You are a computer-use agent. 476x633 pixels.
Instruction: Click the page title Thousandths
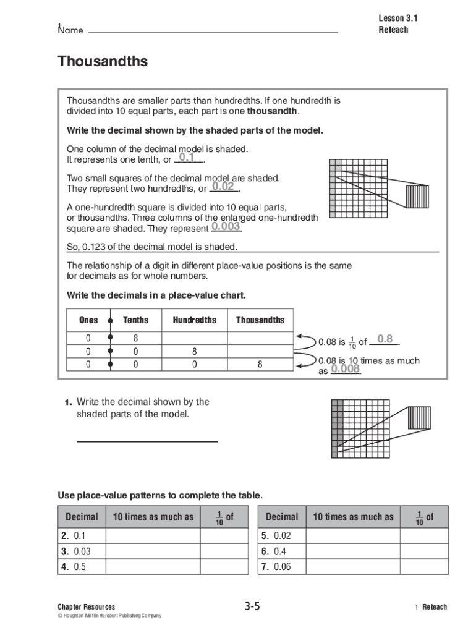click(x=103, y=62)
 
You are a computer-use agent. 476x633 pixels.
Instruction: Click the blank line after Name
click(x=213, y=32)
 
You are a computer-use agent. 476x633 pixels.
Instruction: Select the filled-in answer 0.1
click(x=187, y=158)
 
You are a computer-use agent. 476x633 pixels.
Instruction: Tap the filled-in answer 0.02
click(x=223, y=187)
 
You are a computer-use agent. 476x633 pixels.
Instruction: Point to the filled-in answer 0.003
click(x=225, y=226)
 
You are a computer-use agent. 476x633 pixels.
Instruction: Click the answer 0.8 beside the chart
click(x=385, y=339)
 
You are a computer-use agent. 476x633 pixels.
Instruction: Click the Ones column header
click(x=88, y=320)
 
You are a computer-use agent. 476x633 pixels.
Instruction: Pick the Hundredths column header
click(x=194, y=320)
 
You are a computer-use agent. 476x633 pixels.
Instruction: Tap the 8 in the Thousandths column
click(x=260, y=365)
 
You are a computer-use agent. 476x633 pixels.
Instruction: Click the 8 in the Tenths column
click(x=135, y=338)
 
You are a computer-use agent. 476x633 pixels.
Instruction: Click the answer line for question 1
click(x=147, y=441)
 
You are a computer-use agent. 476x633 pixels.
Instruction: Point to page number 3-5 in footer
click(x=252, y=606)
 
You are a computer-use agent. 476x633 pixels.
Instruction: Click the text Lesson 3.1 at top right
click(x=398, y=19)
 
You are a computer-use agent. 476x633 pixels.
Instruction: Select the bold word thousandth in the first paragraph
click(x=272, y=111)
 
